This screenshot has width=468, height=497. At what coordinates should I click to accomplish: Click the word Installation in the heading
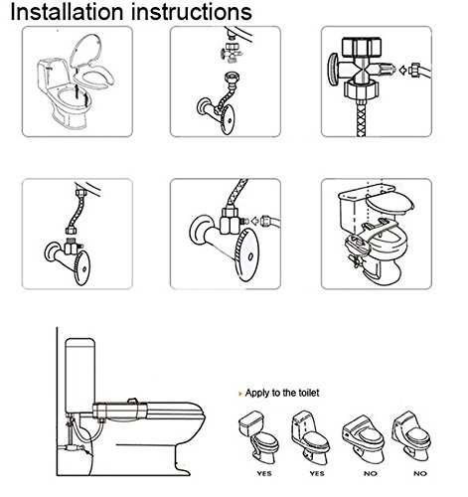(67, 12)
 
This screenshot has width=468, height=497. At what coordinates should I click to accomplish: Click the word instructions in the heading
(192, 12)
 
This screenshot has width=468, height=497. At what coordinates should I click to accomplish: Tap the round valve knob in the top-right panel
(333, 70)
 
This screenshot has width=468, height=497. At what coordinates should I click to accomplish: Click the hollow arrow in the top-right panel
(403, 71)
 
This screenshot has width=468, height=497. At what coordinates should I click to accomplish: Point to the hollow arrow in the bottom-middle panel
(255, 221)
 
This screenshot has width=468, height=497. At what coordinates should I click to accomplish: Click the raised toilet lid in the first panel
(85, 50)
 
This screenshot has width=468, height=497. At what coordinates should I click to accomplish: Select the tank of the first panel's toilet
(53, 76)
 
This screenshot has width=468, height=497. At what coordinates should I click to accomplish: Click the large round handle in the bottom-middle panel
(246, 254)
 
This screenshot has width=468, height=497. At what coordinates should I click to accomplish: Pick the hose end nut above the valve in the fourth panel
(72, 231)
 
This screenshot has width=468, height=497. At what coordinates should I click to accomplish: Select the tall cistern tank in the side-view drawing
(80, 376)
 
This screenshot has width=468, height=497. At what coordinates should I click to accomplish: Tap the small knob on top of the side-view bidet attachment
(132, 401)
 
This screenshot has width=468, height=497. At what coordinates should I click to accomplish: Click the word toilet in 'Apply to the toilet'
(309, 393)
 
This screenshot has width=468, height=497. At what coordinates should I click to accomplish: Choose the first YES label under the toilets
(264, 473)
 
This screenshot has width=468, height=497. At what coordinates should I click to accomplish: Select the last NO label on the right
(420, 473)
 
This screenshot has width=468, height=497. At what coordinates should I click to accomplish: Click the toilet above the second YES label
(310, 438)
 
